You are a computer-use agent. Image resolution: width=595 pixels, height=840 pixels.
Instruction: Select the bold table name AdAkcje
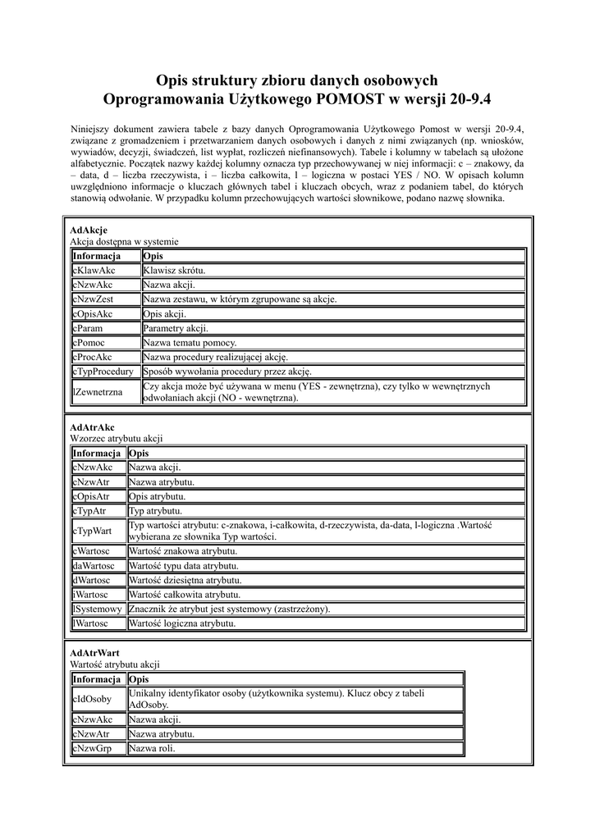coord(89,231)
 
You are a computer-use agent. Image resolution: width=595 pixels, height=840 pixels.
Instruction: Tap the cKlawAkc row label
coord(94,270)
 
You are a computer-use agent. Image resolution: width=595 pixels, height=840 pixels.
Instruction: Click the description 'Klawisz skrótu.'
coord(174,270)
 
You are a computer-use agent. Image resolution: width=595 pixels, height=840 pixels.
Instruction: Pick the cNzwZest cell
coord(94,299)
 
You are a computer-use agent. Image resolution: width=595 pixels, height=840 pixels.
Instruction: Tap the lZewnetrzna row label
coord(98,392)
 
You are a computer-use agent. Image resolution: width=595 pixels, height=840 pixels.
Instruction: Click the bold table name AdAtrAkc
coord(93,427)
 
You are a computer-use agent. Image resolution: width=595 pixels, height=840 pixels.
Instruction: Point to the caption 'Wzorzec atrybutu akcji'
coord(117,439)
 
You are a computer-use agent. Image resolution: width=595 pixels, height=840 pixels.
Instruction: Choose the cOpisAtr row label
coord(91,496)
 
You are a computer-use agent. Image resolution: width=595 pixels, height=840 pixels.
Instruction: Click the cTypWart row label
coord(91,531)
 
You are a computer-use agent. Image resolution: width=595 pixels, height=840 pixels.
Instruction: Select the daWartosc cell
coord(94,566)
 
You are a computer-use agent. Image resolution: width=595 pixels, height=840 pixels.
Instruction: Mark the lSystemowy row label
coord(98,609)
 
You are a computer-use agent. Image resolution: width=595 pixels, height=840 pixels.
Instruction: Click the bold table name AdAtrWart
coord(95,653)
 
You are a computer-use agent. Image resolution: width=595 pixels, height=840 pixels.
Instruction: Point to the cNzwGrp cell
coord(92,749)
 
